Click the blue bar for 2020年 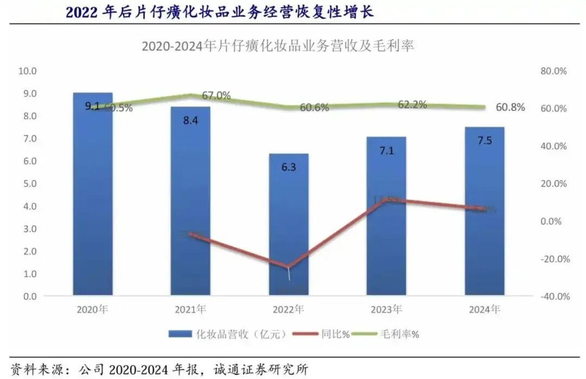[93, 197]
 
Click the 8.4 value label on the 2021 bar [190, 120]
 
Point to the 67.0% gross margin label [216, 95]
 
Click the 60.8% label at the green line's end [510, 108]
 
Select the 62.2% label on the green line [412, 105]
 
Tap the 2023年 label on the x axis [386, 310]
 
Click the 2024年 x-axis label [484, 310]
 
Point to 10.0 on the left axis [28, 71]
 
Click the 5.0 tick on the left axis [28, 184]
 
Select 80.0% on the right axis [553, 71]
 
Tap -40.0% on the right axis [555, 297]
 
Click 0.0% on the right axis [551, 221]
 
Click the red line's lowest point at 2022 [288, 266]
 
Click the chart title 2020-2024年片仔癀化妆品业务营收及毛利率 [278, 46]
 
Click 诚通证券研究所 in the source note [261, 369]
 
